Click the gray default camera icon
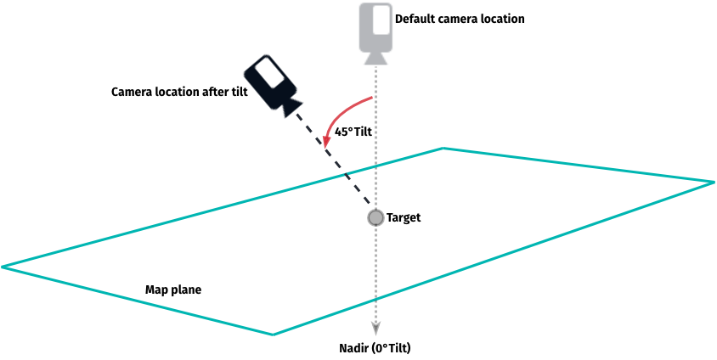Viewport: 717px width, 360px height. click(x=374, y=31)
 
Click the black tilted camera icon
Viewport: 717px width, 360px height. click(x=271, y=84)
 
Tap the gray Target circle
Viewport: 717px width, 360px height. click(x=375, y=218)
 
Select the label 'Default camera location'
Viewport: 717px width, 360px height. click(x=460, y=18)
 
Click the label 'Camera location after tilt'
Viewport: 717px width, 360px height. click(x=178, y=92)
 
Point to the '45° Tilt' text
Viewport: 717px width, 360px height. click(x=354, y=132)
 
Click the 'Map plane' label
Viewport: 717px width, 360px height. click(x=173, y=290)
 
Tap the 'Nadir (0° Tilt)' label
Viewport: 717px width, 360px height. click(x=375, y=348)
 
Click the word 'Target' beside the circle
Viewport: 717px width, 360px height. click(x=404, y=218)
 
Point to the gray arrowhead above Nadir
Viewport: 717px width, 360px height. click(x=375, y=332)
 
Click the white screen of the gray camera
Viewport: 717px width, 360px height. click(x=375, y=24)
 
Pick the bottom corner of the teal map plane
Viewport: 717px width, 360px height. click(x=274, y=335)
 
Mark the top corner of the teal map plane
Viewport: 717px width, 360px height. click(x=443, y=149)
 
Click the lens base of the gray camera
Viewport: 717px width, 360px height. click(x=375, y=58)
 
